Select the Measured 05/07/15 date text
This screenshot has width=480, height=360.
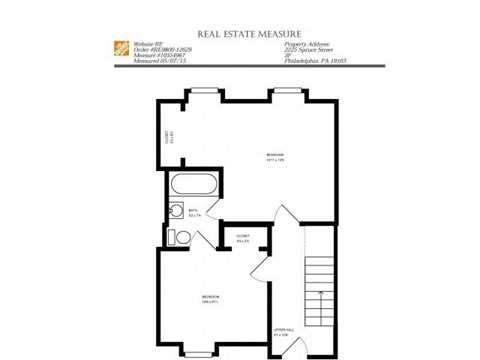pyautogui.click(x=160, y=62)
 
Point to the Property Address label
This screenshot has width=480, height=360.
pyautogui.click(x=306, y=45)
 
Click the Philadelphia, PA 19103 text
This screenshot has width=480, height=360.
pyautogui.click(x=314, y=62)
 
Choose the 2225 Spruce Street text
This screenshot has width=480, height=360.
pyautogui.click(x=309, y=51)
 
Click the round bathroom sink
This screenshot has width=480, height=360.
pyautogui.click(x=174, y=211)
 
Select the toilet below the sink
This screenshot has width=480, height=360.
pyautogui.click(x=173, y=237)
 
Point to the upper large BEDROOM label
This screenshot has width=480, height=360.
pyautogui.click(x=275, y=156)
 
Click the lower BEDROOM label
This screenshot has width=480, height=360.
pyautogui.click(x=210, y=298)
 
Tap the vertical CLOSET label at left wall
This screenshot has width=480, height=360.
pyautogui.click(x=169, y=136)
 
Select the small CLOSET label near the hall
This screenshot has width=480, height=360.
pyautogui.click(x=243, y=237)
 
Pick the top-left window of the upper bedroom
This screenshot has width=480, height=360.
pyautogui.click(x=203, y=91)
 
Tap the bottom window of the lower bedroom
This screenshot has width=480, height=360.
pyautogui.click(x=198, y=353)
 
